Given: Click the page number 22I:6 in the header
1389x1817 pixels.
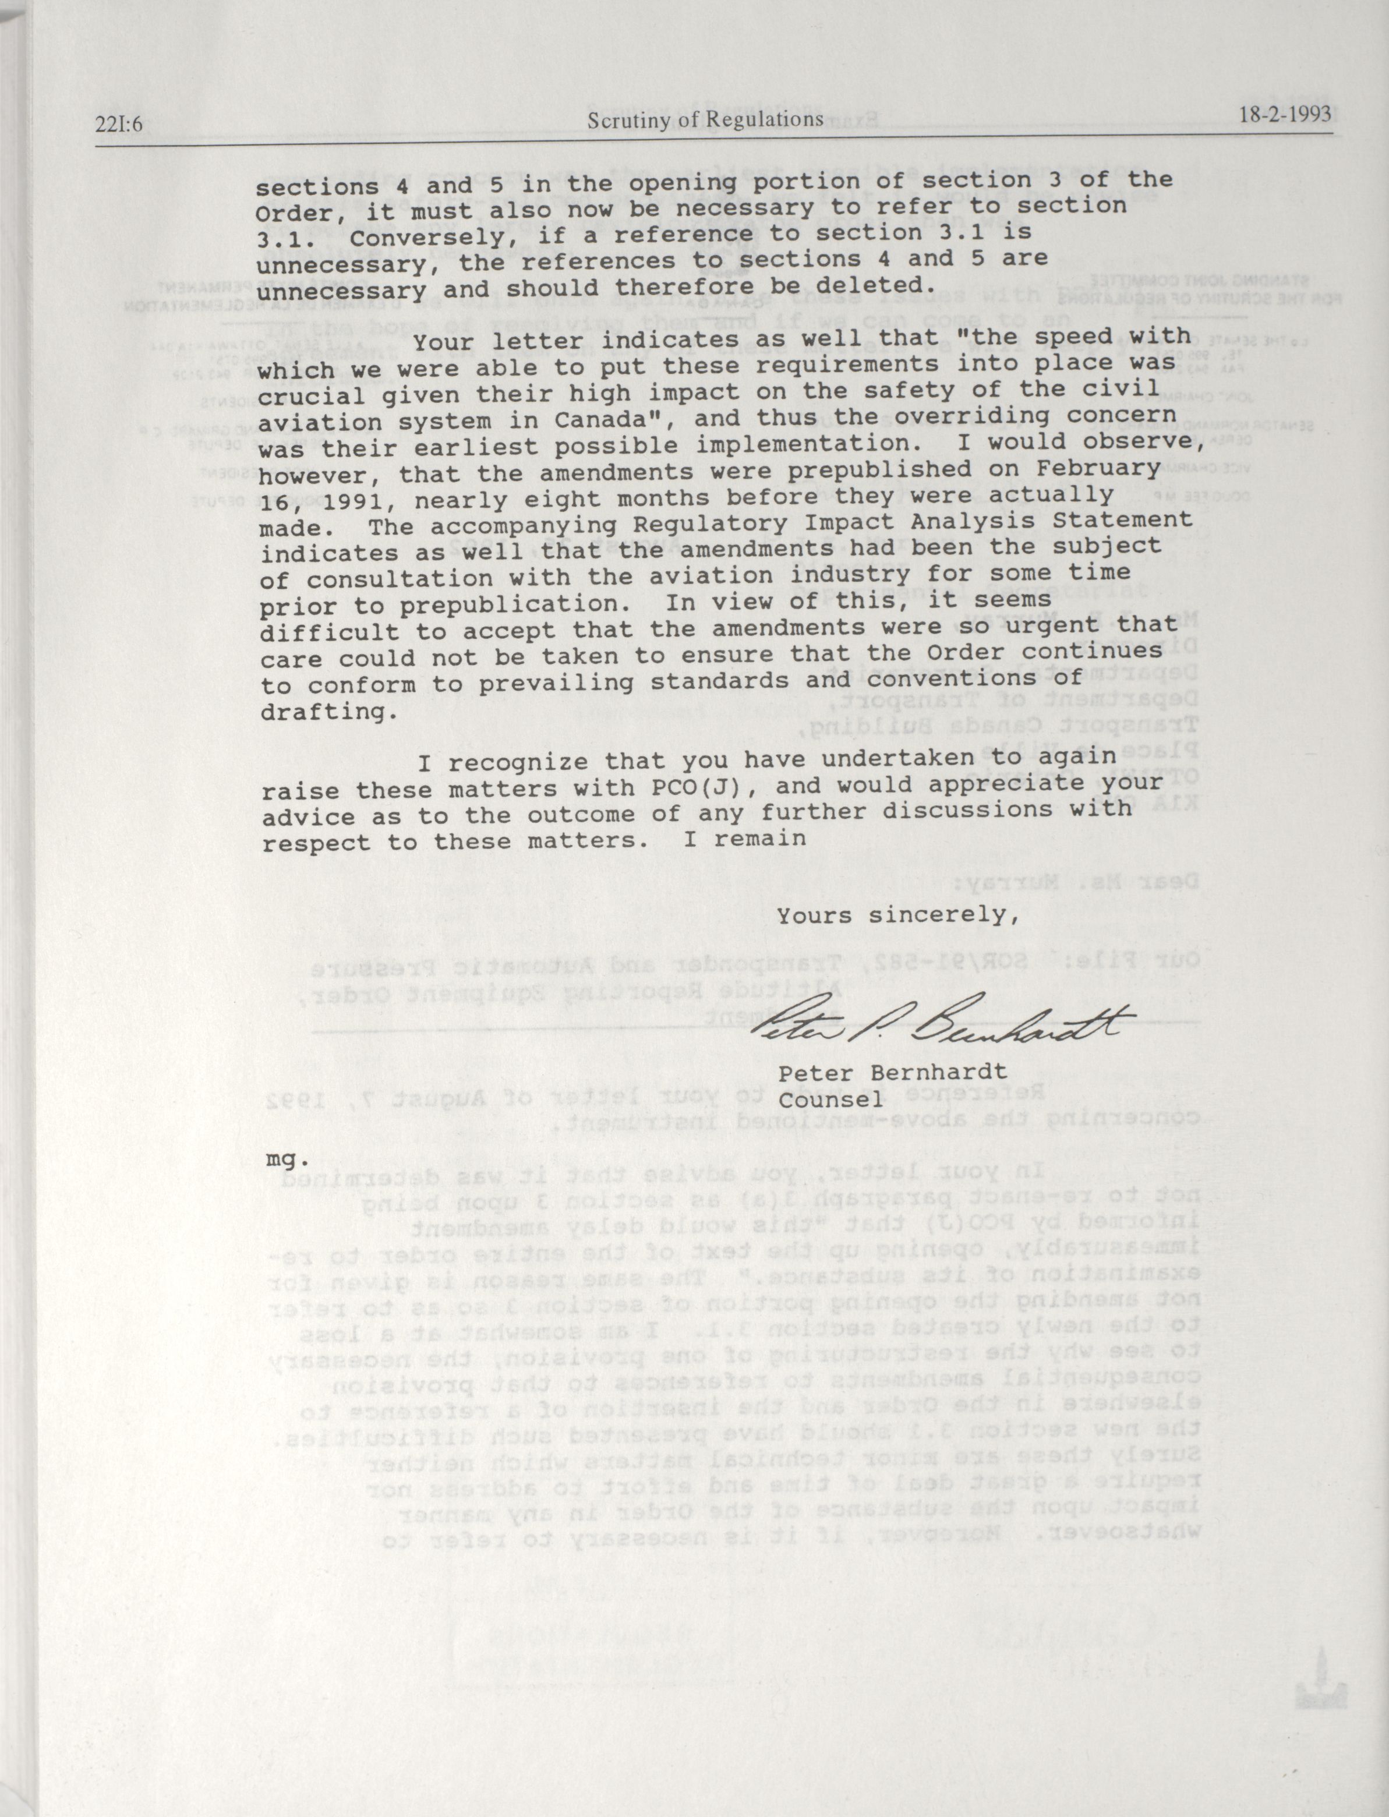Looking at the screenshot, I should tap(121, 123).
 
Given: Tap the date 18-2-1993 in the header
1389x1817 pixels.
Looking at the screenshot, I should tap(1286, 115).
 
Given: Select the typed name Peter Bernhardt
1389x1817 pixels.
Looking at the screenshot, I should tap(892, 1072).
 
